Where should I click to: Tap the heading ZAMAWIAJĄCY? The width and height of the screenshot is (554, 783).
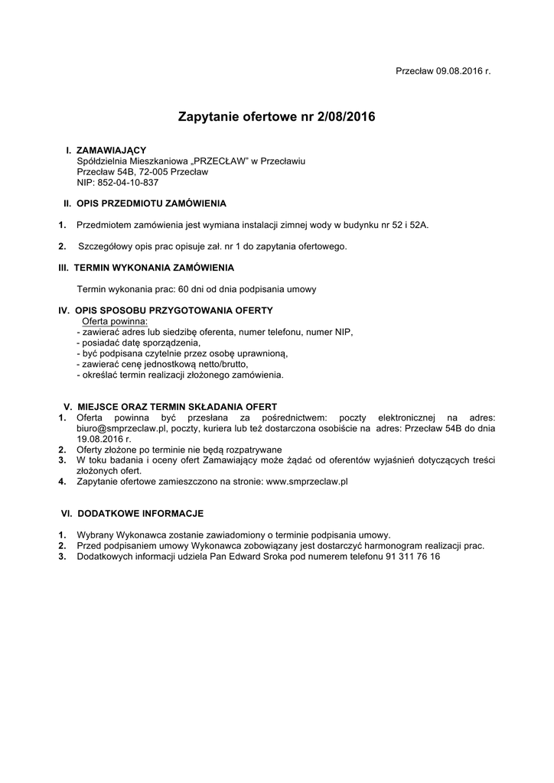112,151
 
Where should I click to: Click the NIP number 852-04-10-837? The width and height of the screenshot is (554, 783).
130,183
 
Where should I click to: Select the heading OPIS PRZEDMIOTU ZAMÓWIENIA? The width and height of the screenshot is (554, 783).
152,203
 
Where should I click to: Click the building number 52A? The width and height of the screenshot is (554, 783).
418,225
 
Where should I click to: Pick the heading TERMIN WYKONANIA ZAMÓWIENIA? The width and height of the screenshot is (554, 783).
154,268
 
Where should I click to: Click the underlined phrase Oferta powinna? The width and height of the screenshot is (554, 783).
114,321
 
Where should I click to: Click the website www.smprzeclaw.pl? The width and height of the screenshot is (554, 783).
307,482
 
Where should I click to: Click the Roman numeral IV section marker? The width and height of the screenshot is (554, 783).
64,310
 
